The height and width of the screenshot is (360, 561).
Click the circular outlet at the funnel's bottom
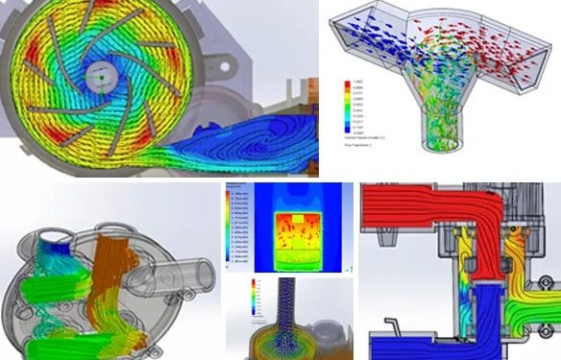coord(441,145)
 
